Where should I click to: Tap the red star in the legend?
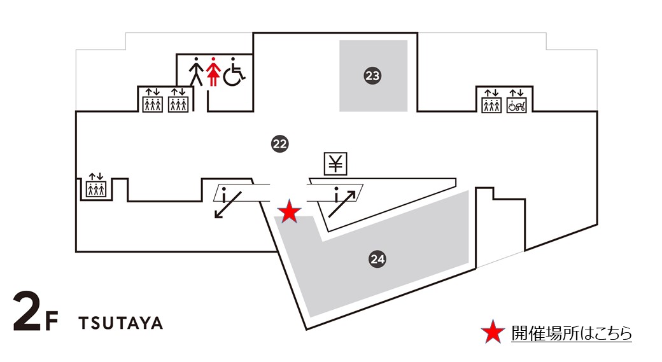coord(492,332)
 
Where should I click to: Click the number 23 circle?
coord(372,76)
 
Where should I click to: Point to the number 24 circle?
coord(377,259)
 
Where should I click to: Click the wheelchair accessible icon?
coord(234,71)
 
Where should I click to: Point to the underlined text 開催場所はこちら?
coord(571,333)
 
